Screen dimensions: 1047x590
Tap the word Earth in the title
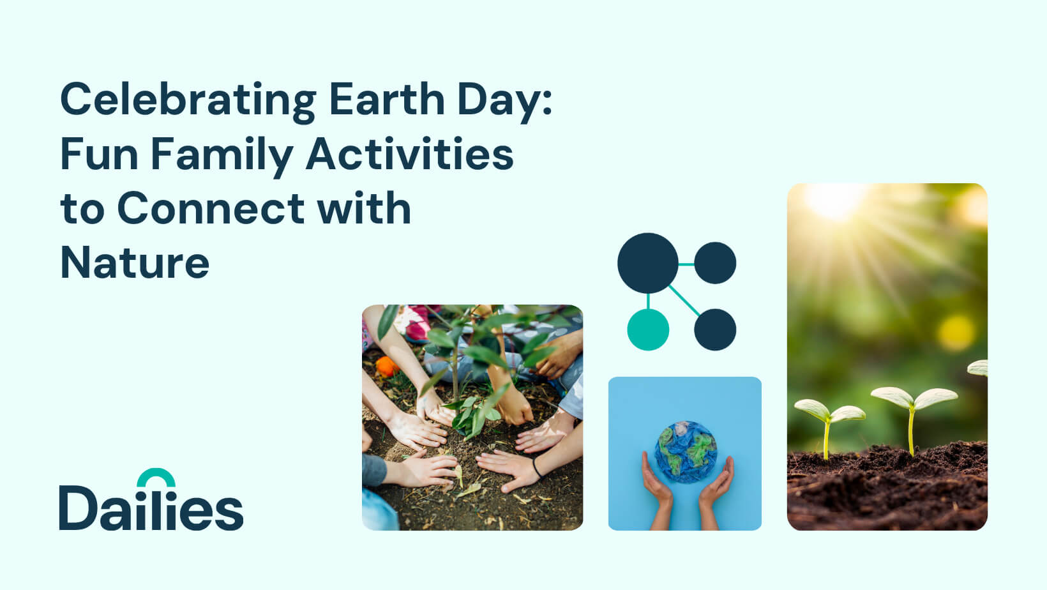click(387, 98)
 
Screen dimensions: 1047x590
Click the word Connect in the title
click(211, 208)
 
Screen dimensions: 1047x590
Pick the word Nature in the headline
click(135, 262)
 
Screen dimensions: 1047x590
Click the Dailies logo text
click(151, 507)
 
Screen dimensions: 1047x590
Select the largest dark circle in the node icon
click(648, 263)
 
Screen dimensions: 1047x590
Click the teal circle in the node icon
click(648, 329)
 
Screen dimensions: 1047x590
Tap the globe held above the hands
click(686, 451)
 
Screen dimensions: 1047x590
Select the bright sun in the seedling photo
click(835, 201)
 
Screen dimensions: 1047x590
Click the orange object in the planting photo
click(386, 366)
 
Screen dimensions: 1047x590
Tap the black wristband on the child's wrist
click(536, 467)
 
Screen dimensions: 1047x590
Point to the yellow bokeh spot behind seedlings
click(956, 333)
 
